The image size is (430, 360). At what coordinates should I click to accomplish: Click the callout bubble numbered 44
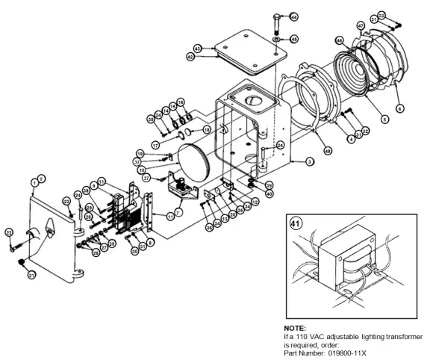click(293, 17)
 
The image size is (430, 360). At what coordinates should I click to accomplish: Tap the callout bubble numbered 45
click(293, 39)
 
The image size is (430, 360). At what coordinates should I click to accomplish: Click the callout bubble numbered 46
click(339, 40)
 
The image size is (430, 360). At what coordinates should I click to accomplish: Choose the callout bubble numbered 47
click(361, 26)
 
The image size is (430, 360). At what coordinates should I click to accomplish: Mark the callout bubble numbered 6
click(399, 108)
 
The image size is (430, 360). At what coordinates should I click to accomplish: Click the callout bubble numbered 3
click(308, 161)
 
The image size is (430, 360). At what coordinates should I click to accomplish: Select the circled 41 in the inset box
click(295, 223)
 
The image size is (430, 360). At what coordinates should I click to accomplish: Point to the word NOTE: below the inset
click(295, 327)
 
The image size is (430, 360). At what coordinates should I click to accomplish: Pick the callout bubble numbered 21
click(31, 276)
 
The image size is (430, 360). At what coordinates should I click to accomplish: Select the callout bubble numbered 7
click(178, 200)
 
